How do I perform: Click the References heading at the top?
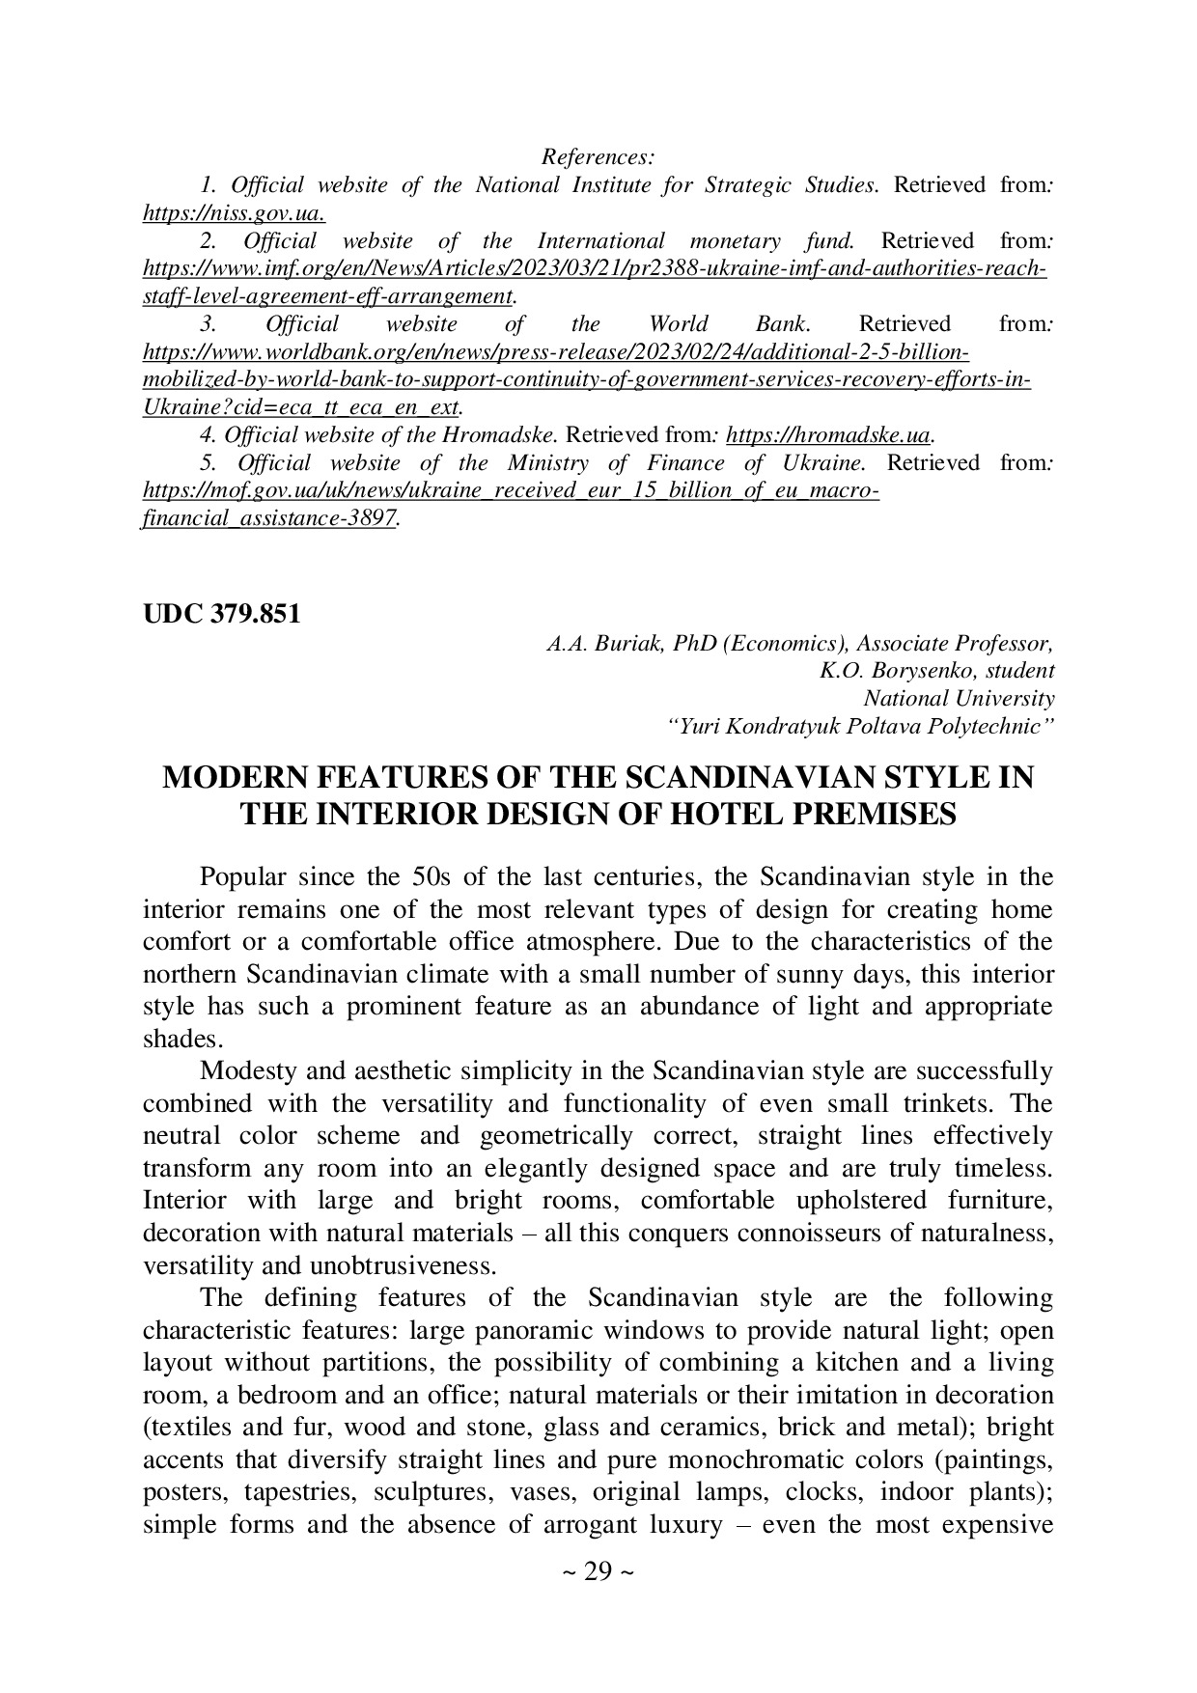point(598,156)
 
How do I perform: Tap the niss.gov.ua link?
point(234,212)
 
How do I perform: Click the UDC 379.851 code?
point(222,614)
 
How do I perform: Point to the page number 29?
point(598,1572)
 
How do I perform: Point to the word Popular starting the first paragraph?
point(242,877)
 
